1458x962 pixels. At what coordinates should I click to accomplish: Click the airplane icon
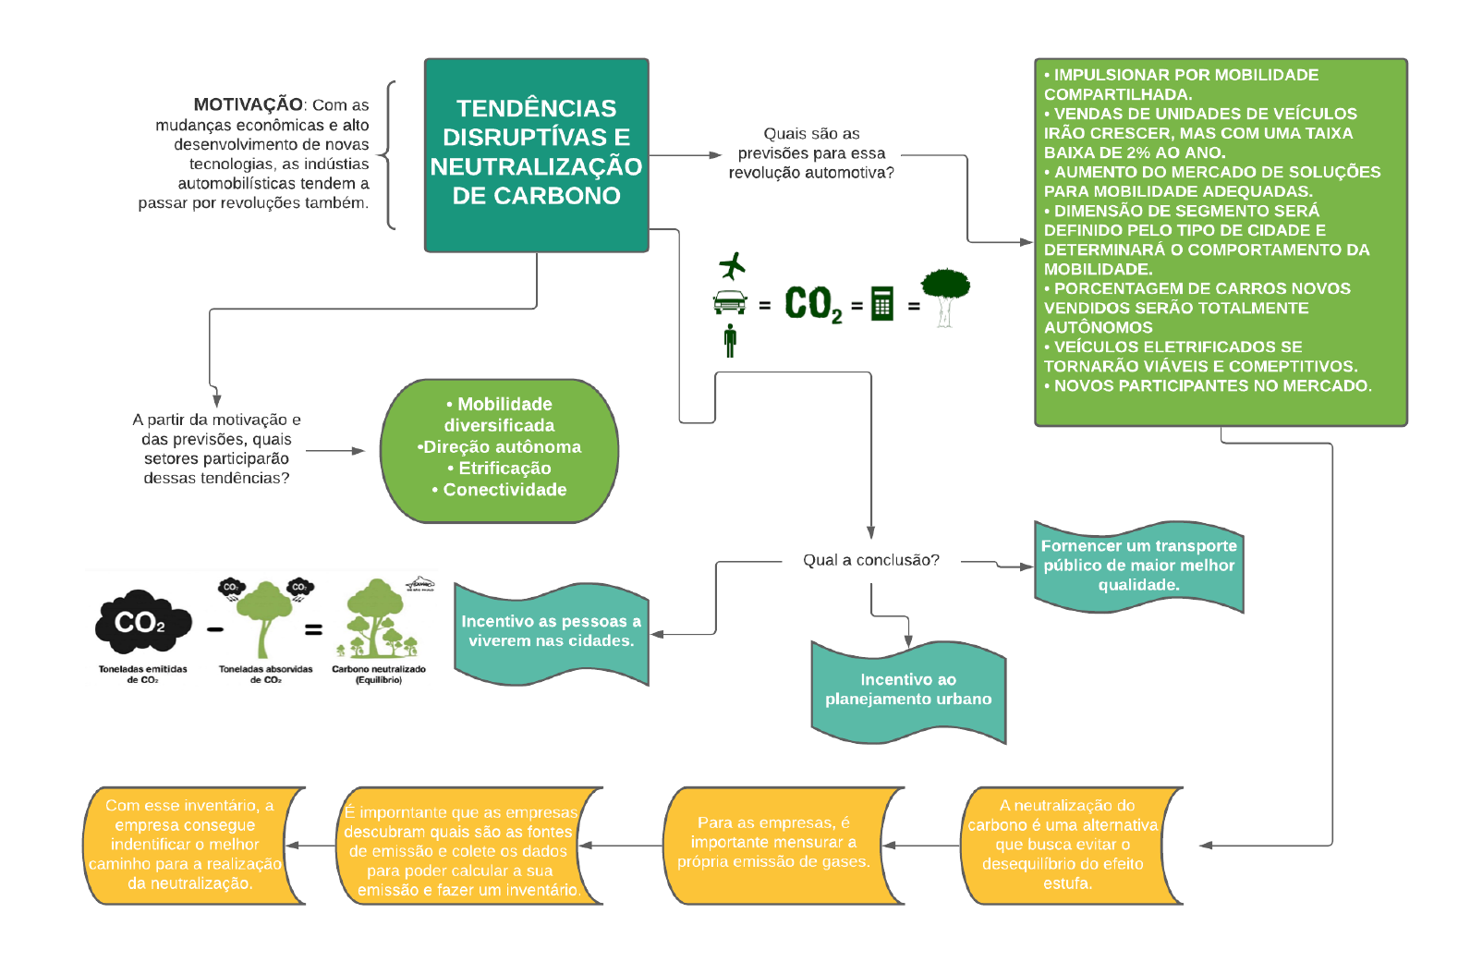click(x=732, y=266)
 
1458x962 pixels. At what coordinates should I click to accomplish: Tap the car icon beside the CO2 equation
click(x=730, y=302)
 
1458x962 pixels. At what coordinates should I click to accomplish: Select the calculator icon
click(x=882, y=303)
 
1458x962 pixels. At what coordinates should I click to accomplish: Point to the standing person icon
click(x=730, y=340)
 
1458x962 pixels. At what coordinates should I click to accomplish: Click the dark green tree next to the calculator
click(x=945, y=294)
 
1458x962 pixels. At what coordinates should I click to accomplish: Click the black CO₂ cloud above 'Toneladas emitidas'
click(x=142, y=621)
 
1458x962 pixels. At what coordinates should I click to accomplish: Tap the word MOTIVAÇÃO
click(x=248, y=104)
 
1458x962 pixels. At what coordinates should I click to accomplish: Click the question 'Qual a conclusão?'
click(x=870, y=560)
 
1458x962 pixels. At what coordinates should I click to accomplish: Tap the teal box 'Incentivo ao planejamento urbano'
click(x=908, y=690)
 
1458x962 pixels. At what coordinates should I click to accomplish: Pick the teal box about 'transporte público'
click(x=1138, y=566)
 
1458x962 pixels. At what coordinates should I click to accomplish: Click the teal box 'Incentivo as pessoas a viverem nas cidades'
click(x=551, y=631)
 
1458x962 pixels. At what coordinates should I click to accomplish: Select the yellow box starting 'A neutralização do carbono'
click(x=1067, y=845)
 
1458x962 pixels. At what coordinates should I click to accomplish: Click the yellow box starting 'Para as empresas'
click(x=774, y=842)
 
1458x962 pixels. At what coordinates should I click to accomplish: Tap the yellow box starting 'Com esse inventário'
click(x=188, y=845)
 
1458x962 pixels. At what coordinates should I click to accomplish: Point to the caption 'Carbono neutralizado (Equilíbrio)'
click(x=379, y=674)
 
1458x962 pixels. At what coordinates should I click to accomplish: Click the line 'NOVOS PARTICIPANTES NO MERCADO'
click(x=1212, y=385)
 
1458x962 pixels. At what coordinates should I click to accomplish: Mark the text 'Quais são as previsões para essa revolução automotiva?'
click(x=811, y=153)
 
